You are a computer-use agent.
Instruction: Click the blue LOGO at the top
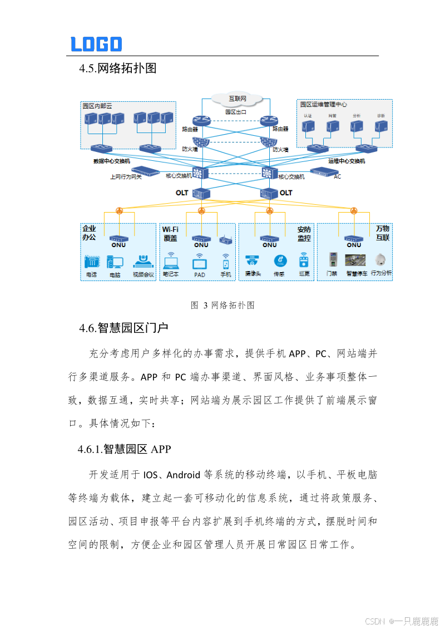point(96,44)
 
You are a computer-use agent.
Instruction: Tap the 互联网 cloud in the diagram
point(238,99)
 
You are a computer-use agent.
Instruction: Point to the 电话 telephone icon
point(91,262)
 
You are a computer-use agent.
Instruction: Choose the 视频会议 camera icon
point(143,261)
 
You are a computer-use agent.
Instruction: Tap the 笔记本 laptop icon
point(170,261)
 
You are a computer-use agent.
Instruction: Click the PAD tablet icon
point(200,262)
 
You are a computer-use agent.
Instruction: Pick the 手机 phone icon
point(226,261)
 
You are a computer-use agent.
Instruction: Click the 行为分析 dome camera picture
point(381,260)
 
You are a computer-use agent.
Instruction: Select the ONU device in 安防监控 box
point(270,239)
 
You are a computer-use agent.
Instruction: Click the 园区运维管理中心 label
point(324,104)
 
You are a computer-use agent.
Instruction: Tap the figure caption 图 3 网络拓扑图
point(222,305)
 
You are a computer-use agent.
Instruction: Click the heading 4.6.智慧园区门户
point(123,328)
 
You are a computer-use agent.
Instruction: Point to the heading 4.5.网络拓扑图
point(117,68)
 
